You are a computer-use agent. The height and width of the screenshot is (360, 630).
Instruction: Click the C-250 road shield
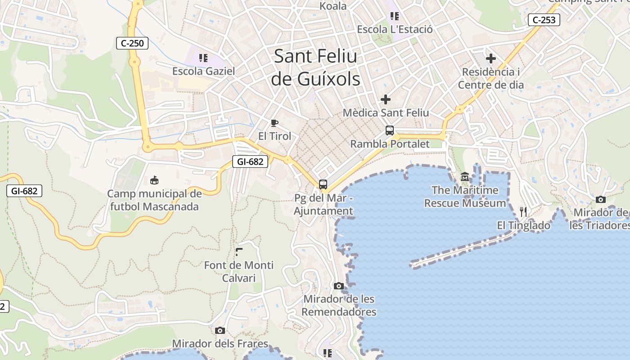pyautogui.click(x=132, y=43)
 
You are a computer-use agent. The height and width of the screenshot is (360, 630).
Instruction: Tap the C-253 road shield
pyautogui.click(x=544, y=20)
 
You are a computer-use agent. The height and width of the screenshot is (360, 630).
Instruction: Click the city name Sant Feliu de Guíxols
pyautogui.click(x=315, y=67)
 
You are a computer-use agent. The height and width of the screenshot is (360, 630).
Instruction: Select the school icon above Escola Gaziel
pyautogui.click(x=203, y=58)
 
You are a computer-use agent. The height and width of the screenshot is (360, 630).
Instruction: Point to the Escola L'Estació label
pyautogui.click(x=395, y=30)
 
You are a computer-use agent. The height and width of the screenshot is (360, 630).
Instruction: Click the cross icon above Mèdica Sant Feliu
pyautogui.click(x=386, y=99)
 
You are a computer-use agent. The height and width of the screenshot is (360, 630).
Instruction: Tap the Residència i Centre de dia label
pyautogui.click(x=490, y=78)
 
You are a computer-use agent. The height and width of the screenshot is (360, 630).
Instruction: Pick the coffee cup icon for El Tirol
pyautogui.click(x=274, y=123)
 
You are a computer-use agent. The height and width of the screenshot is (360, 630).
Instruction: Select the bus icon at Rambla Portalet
pyautogui.click(x=390, y=130)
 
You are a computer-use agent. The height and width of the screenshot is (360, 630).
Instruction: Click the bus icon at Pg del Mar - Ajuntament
pyautogui.click(x=323, y=184)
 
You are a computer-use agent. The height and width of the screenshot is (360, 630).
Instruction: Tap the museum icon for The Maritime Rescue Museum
pyautogui.click(x=465, y=177)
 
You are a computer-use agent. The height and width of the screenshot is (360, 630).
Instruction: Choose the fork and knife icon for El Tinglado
pyautogui.click(x=523, y=211)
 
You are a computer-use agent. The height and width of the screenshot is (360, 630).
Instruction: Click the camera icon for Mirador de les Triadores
pyautogui.click(x=600, y=199)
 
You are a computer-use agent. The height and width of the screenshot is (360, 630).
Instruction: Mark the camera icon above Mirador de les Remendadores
pyautogui.click(x=339, y=286)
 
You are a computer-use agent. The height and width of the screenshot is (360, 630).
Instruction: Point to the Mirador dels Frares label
pyautogui.click(x=220, y=344)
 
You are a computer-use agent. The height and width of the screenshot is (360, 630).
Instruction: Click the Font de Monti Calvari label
pyautogui.click(x=238, y=271)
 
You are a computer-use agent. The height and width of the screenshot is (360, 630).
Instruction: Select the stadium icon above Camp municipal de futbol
pyautogui.click(x=154, y=180)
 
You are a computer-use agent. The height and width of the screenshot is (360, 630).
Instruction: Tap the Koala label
pyautogui.click(x=333, y=6)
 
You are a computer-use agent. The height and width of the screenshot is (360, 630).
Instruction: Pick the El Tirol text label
pyautogui.click(x=274, y=136)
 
